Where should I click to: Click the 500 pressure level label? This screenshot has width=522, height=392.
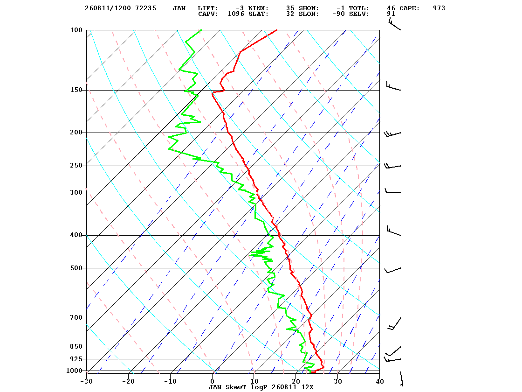(x=76, y=268)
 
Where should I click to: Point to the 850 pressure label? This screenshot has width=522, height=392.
(x=76, y=347)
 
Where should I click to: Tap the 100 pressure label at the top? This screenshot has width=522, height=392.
(x=76, y=30)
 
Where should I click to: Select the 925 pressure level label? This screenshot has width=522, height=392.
(x=76, y=359)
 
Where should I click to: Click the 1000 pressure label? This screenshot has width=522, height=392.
(x=74, y=371)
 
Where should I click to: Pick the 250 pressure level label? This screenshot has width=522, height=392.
(x=76, y=166)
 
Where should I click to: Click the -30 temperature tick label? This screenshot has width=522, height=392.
(x=86, y=381)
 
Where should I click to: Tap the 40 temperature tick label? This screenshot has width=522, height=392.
(x=380, y=381)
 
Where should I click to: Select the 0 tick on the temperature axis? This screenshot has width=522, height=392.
(x=213, y=381)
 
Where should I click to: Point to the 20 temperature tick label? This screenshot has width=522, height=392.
(x=296, y=381)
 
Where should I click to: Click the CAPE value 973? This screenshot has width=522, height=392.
(x=439, y=8)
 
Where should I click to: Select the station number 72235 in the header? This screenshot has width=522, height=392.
(x=145, y=8)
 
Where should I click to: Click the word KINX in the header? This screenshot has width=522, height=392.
(x=258, y=8)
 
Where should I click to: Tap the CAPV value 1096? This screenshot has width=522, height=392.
(x=236, y=14)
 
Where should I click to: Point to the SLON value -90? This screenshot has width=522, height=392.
(x=338, y=14)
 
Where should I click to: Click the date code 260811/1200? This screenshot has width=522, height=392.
(x=108, y=8)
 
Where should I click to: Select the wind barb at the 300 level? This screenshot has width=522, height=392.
(x=393, y=191)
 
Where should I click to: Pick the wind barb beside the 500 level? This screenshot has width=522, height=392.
(x=393, y=270)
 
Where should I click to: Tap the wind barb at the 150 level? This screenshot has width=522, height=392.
(x=393, y=86)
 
